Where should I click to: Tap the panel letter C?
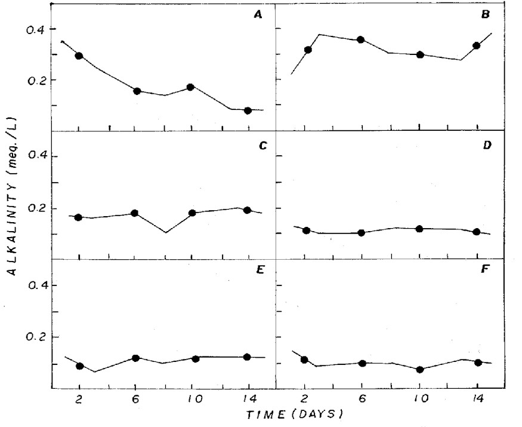(259, 145)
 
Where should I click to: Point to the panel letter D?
(486, 145)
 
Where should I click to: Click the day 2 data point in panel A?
(79, 56)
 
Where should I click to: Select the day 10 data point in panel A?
(190, 87)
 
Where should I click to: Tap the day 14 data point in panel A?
(248, 110)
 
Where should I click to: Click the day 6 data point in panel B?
(360, 40)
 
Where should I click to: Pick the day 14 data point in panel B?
(477, 46)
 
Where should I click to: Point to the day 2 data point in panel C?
(78, 217)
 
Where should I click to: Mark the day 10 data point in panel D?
(419, 229)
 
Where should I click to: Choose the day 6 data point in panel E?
(135, 358)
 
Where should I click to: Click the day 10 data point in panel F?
(420, 370)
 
